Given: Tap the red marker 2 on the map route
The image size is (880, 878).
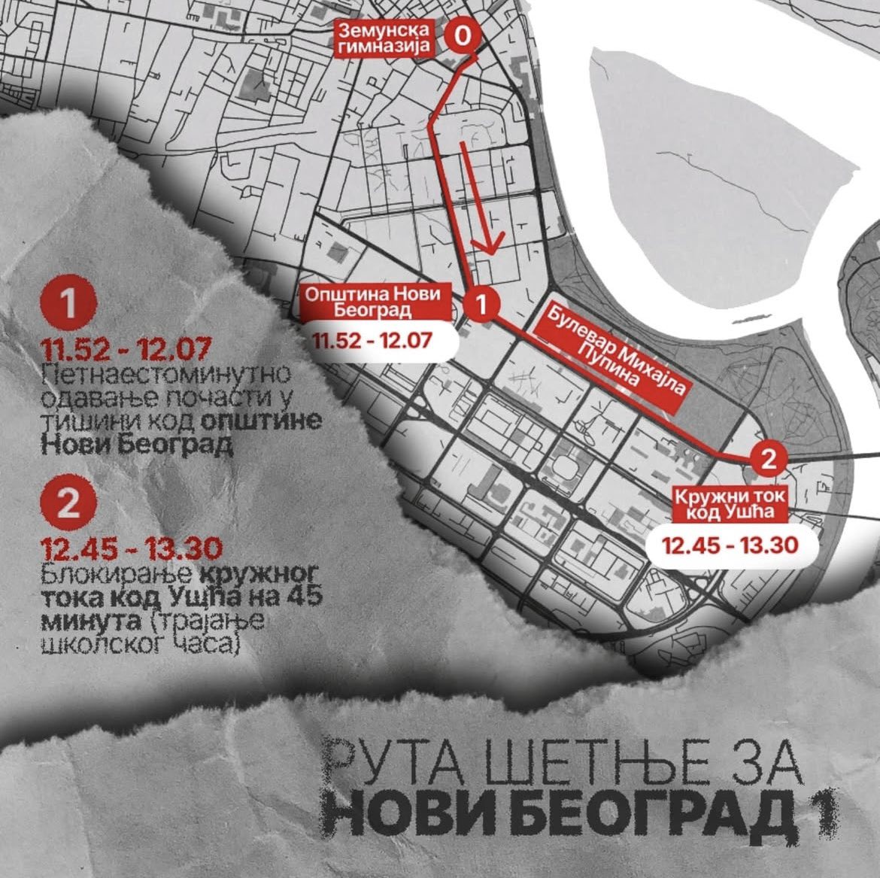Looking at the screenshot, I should click(768, 459).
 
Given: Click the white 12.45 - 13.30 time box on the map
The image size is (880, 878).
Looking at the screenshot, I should click(730, 545).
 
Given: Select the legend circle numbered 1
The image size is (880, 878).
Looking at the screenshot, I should click(68, 305).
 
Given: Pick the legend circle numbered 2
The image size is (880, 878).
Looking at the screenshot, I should click(68, 503).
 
